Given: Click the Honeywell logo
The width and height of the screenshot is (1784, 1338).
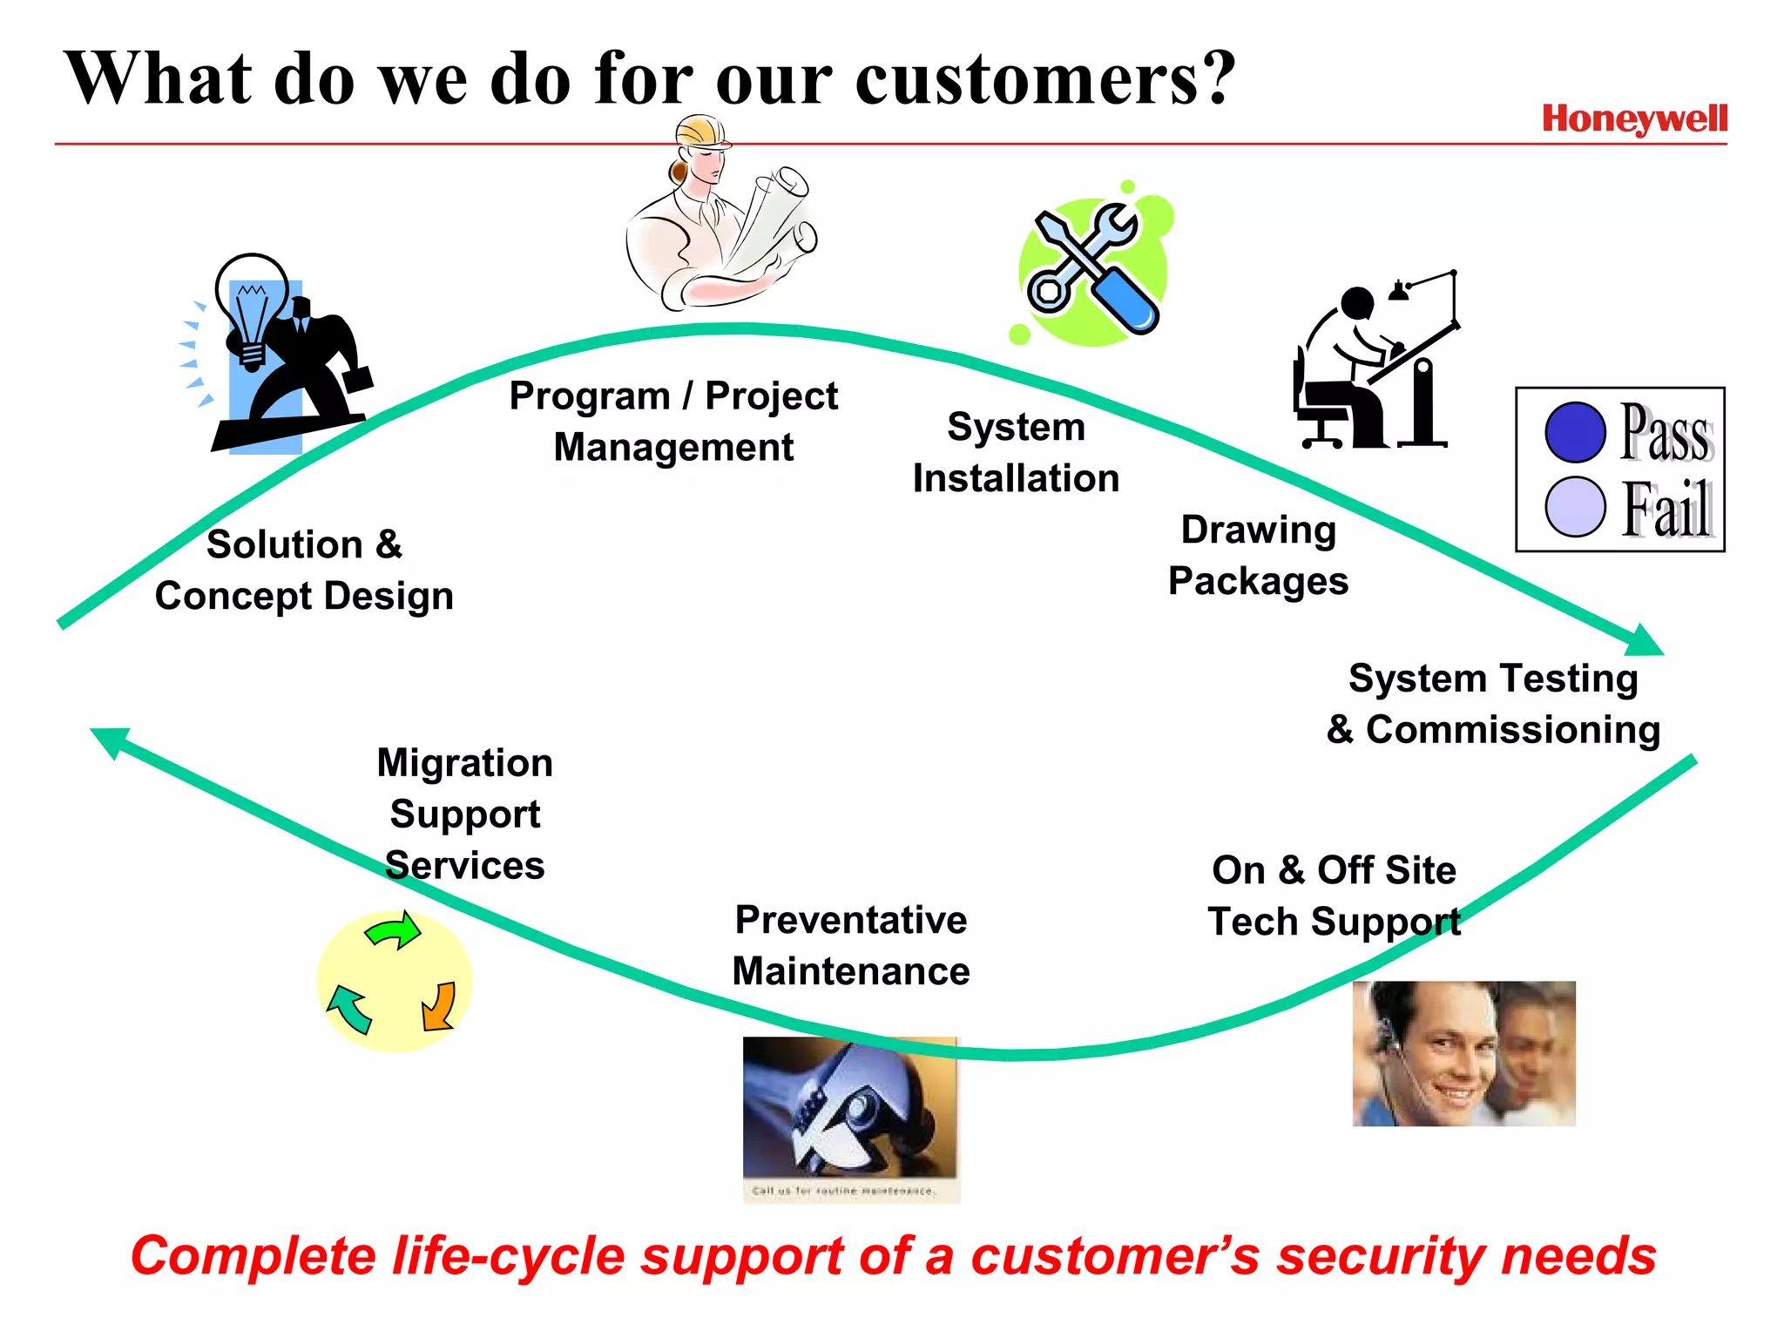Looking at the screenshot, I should click(x=1634, y=119).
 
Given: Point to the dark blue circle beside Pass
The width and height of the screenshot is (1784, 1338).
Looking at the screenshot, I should click(x=1575, y=432).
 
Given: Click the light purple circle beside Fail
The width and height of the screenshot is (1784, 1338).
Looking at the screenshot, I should click(x=1575, y=506).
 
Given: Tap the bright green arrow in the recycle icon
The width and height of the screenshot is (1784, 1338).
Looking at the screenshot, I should click(x=394, y=930).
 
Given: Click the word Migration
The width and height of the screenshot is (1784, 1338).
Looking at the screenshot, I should click(x=464, y=763).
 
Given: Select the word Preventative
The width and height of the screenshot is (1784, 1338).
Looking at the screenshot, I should click(x=850, y=920).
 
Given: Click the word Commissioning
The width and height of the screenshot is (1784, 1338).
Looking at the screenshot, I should click(x=1512, y=730).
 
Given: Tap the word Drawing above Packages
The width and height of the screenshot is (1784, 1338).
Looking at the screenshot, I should click(x=1258, y=530).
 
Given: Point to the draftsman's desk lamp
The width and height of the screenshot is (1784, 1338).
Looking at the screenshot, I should click(x=1400, y=290).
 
